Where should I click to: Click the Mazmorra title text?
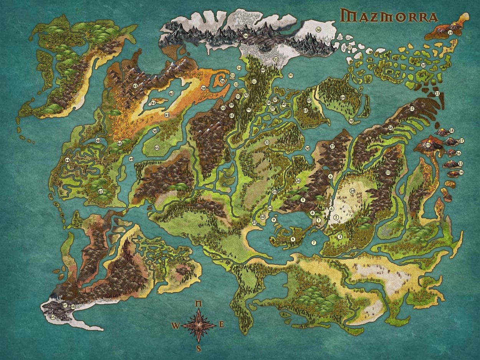tap(389, 17)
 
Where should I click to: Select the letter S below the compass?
tap(199, 348)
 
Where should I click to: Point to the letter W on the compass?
tap(175, 326)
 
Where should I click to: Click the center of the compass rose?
tap(199, 325)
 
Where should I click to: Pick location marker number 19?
tap(450, 33)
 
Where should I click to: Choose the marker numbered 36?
tap(318, 30)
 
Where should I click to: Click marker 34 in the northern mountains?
tap(245, 36)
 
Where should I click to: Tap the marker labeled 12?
tap(412, 109)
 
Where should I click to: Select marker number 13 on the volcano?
tap(428, 145)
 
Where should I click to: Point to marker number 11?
tap(388, 173)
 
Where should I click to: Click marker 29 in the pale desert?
tap(353, 190)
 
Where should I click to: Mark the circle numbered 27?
tap(333, 146)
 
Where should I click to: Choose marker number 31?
tap(267, 142)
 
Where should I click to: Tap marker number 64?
tap(343, 97)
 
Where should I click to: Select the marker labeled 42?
tap(135, 86)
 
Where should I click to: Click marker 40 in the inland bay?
tap(171, 93)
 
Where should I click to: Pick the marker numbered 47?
tap(100, 191)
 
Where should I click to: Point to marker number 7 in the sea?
tap(314, 243)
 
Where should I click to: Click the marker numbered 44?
tap(68, 160)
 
